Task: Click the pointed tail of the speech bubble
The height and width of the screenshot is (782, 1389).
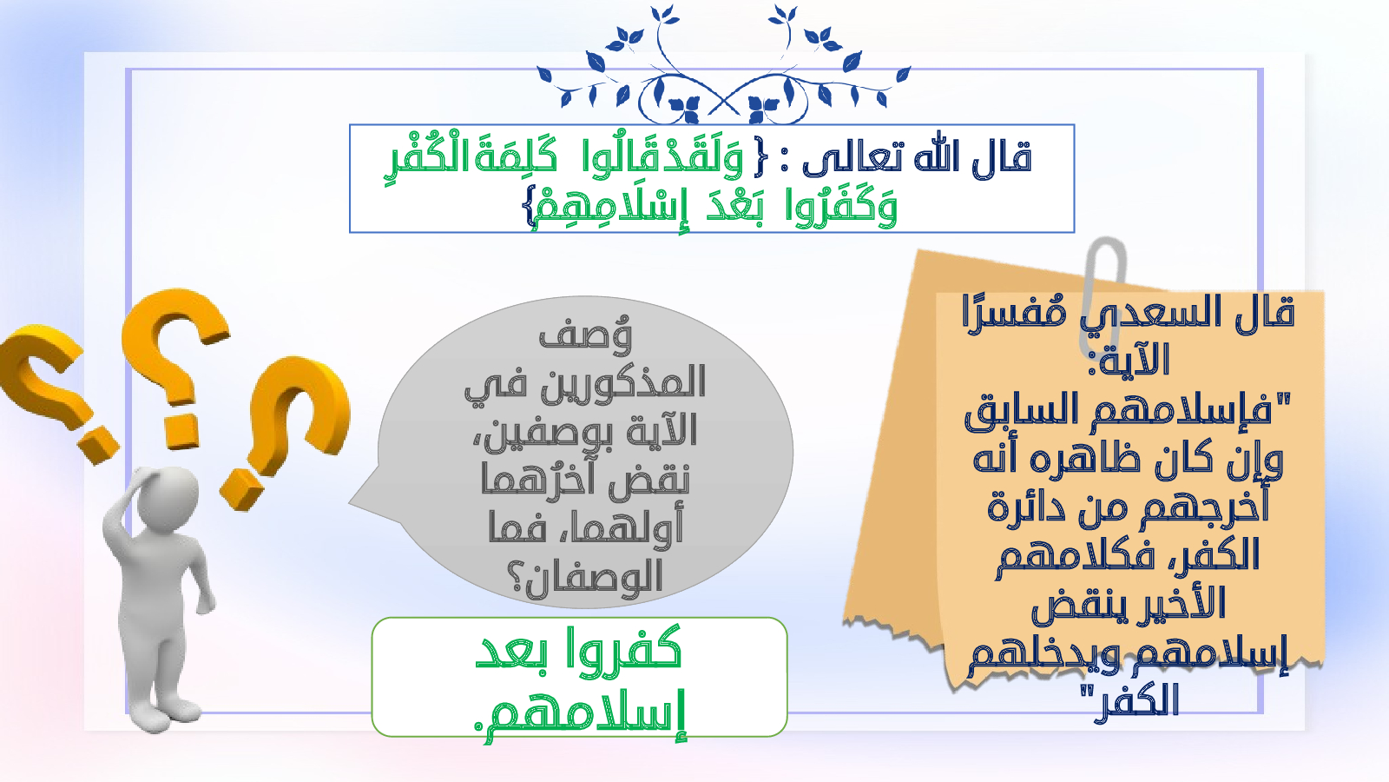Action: click(351, 502)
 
